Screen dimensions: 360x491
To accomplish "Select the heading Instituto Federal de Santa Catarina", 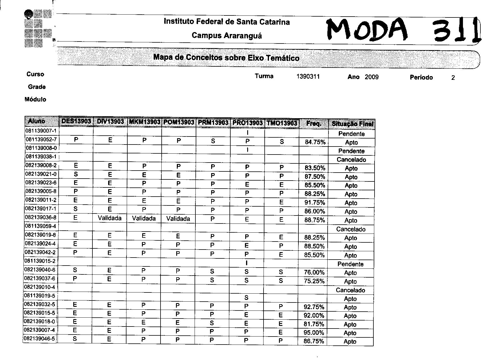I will (x=227, y=22).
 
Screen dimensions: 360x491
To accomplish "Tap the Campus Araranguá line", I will (x=227, y=35).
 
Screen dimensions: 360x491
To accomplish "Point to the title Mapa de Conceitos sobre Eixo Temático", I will (x=226, y=58).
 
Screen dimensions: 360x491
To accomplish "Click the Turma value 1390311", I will (x=308, y=76).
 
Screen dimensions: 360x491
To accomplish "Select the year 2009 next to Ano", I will (x=371, y=77).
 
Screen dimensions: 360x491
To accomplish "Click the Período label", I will (x=421, y=77).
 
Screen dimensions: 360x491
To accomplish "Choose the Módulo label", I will (x=35, y=100).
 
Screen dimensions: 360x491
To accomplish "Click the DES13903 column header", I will (x=76, y=122).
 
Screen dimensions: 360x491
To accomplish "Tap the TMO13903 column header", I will (x=282, y=123).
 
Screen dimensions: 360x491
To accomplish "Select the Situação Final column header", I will (x=352, y=124).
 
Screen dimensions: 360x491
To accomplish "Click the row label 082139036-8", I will (x=41, y=217).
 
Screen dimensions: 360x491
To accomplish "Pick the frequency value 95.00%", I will (x=314, y=333).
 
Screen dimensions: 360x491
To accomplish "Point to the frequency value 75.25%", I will (x=314, y=281).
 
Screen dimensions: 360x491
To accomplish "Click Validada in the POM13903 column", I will (x=178, y=219).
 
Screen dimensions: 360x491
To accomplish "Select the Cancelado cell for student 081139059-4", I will (x=351, y=229).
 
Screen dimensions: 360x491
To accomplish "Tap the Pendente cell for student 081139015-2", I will (x=351, y=264).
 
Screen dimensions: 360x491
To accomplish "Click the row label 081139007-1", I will (x=41, y=131).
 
